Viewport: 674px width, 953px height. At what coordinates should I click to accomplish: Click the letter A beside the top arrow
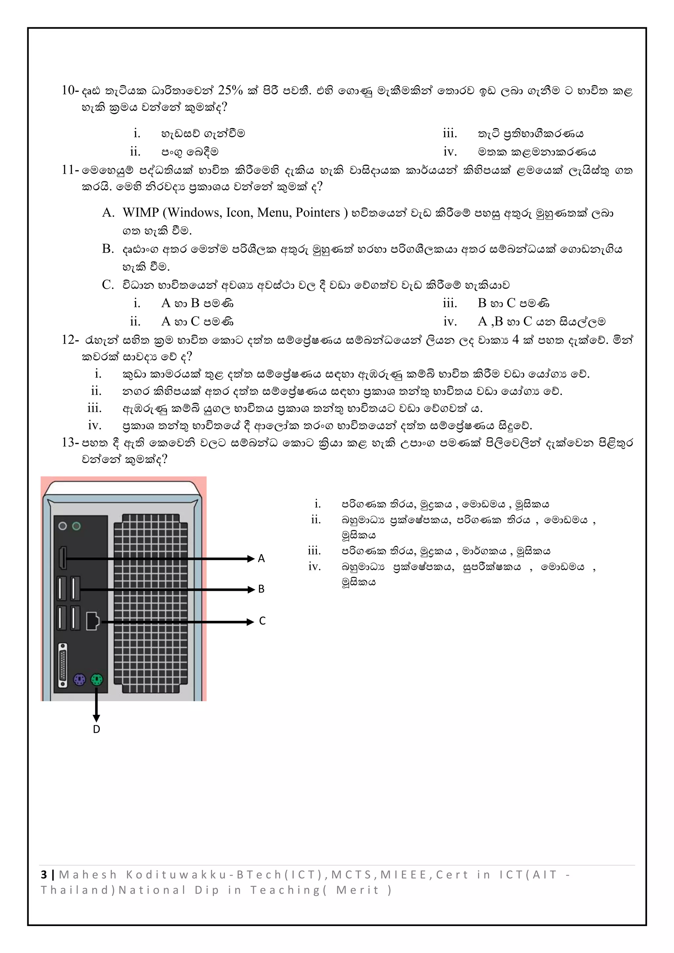pos(261,558)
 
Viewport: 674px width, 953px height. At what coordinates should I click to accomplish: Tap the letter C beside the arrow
pos(262,621)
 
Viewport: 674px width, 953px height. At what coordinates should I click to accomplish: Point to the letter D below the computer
pos(96,729)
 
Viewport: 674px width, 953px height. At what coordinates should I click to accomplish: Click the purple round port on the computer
pos(79,680)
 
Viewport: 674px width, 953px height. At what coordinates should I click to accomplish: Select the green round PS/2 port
pos(97,680)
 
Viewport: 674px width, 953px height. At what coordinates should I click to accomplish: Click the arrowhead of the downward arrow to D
pos(96,718)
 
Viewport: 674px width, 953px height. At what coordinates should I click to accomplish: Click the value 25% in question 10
pos(230,90)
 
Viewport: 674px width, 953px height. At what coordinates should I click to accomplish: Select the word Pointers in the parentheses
pos(317,213)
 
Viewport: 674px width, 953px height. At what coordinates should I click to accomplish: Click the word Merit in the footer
pos(357,890)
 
